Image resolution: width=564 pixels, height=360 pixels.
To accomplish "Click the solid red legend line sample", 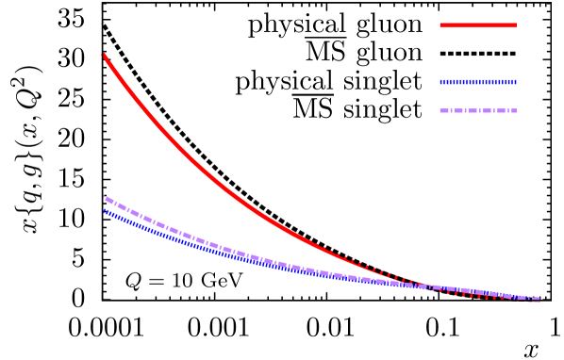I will [x=477, y=25].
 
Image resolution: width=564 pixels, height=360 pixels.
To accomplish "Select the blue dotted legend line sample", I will [x=477, y=82].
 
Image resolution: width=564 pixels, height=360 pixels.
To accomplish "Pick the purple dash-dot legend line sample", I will [x=477, y=111].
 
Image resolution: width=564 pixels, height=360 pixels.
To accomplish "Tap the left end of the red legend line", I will [x=440, y=25].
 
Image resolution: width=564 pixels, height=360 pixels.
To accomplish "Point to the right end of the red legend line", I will [x=516, y=25].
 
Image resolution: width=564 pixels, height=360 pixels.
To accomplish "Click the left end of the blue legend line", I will [x=440, y=82].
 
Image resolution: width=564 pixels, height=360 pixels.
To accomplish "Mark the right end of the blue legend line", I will [x=516, y=82].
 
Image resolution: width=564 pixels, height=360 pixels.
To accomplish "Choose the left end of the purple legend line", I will [x=440, y=111].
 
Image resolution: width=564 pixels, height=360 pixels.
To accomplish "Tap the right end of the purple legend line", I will [x=516, y=111].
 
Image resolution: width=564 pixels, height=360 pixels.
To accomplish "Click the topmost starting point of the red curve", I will [x=103, y=56].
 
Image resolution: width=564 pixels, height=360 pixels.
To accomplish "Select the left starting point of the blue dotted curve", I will [x=105, y=211].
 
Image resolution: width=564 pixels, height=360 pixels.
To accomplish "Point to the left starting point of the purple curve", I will [x=105, y=197].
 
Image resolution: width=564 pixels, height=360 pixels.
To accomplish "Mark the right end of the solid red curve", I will [x=539, y=300].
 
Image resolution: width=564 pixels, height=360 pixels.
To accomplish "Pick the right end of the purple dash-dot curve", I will [x=538, y=299].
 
